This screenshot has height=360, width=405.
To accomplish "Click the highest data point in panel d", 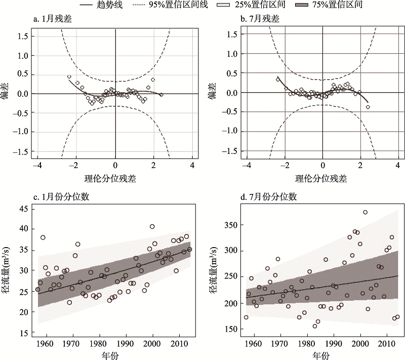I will coord(366,212).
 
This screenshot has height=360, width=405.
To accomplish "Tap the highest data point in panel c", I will coord(152,226).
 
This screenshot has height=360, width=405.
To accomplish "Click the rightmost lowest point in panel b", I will coord(368,107).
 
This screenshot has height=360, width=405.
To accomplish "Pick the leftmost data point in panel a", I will coord(69,77).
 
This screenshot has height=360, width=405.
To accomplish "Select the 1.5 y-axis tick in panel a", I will coord(22,36).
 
